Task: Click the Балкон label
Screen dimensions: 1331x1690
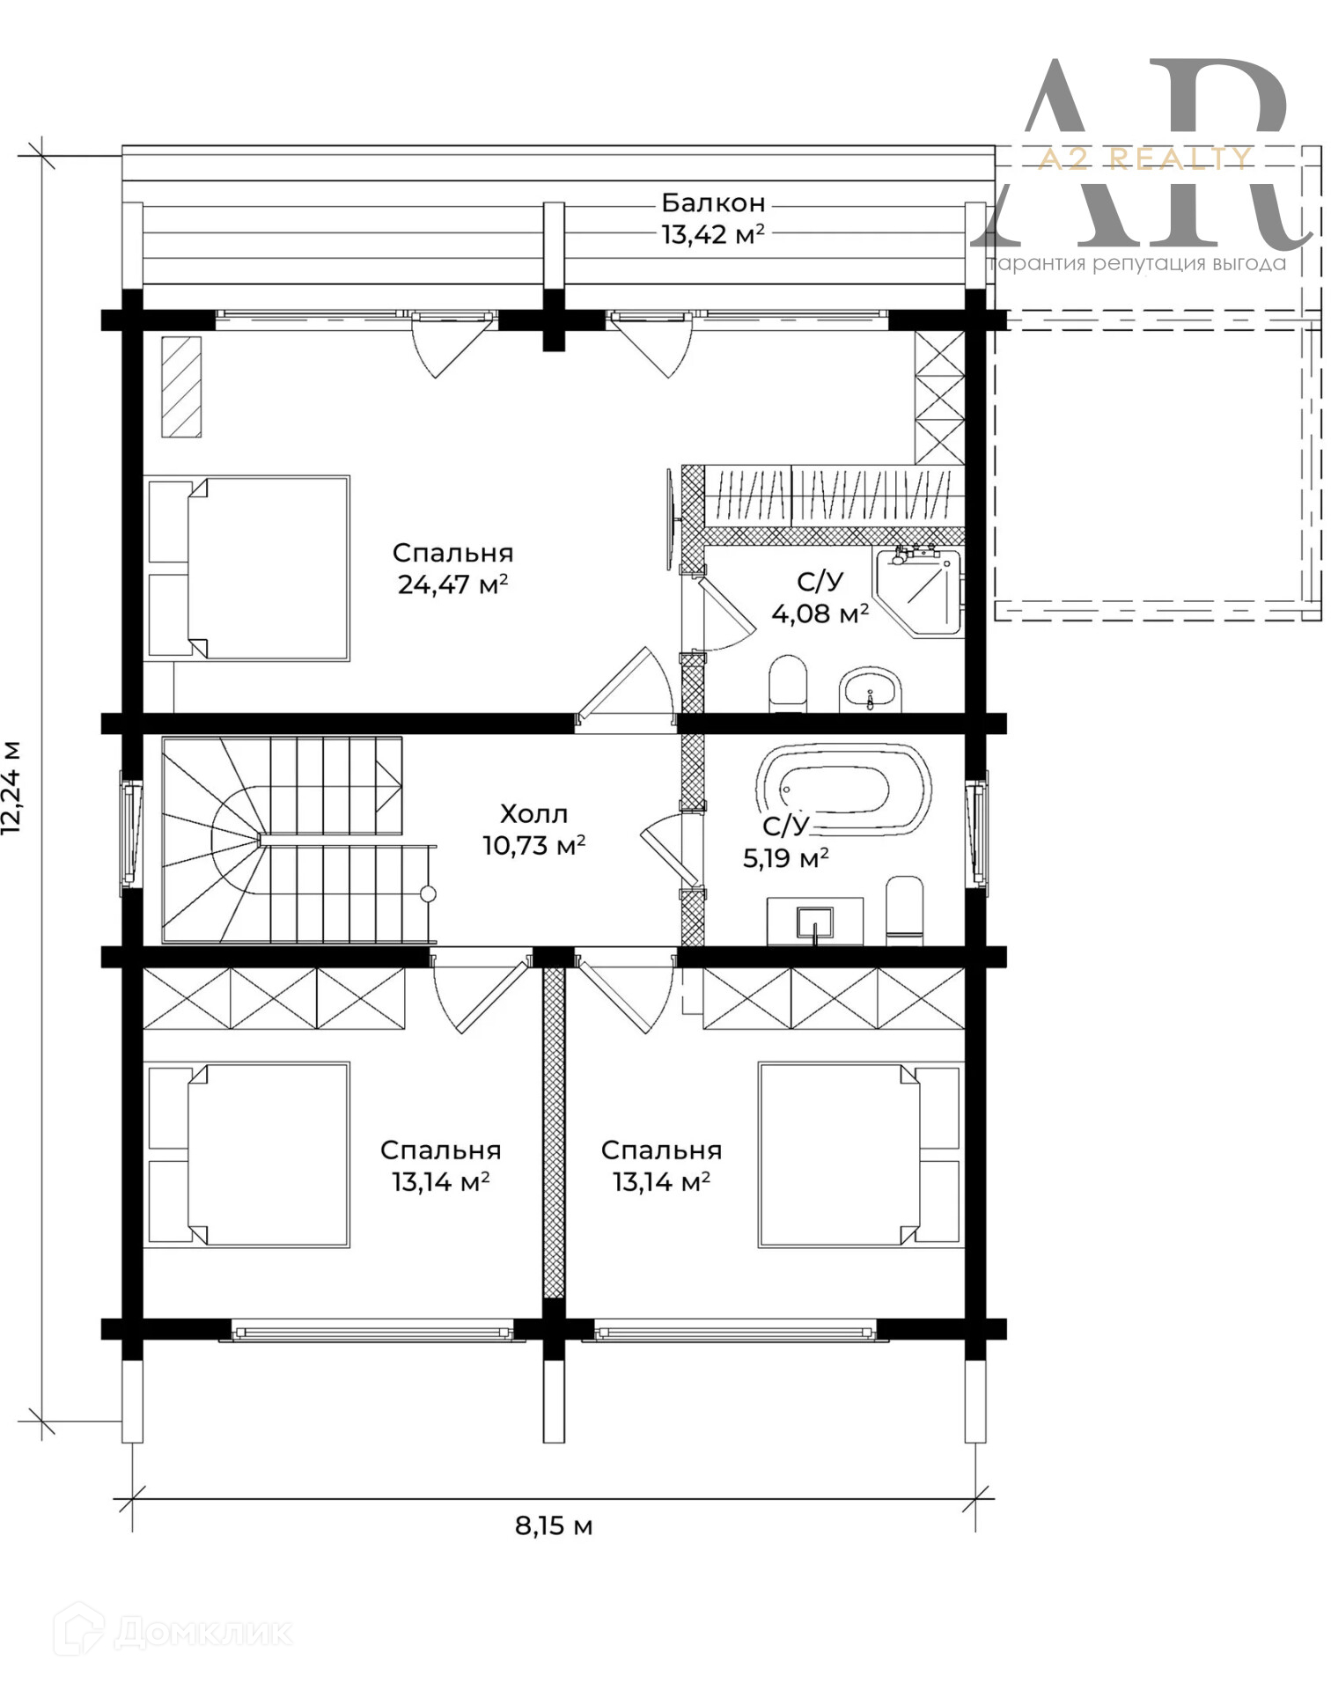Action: (x=713, y=203)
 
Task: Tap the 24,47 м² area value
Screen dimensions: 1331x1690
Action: (x=452, y=584)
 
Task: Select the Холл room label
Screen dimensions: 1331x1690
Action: (x=533, y=813)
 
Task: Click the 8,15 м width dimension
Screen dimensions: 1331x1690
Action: (x=554, y=1525)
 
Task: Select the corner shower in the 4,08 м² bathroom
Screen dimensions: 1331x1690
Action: (x=918, y=591)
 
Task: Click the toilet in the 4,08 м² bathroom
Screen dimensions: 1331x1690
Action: (x=788, y=684)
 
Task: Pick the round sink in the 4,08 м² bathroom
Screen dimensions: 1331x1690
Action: (x=870, y=691)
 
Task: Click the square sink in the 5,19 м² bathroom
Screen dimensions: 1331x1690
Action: (x=814, y=922)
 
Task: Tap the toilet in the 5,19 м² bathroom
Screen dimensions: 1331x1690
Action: (x=904, y=911)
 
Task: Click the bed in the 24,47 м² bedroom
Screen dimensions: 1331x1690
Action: (x=247, y=569)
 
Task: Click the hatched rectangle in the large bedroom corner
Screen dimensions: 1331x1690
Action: (x=181, y=386)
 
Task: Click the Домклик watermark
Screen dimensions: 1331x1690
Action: (x=173, y=1632)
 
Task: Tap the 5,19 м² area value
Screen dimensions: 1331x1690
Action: (x=785, y=858)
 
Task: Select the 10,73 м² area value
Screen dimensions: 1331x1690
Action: (x=533, y=846)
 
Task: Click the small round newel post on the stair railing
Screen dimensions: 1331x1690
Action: (x=429, y=894)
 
